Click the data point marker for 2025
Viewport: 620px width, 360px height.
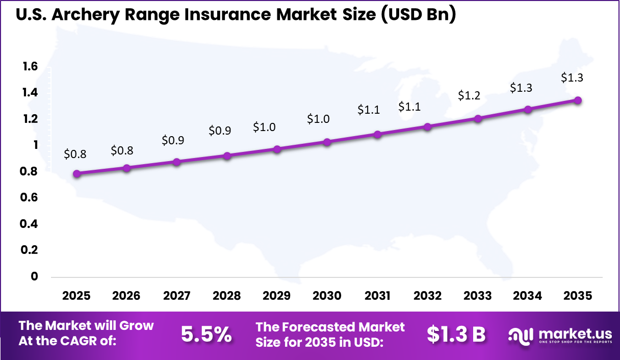pos(77,173)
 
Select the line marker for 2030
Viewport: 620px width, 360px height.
pos(327,142)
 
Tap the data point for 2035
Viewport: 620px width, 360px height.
pos(578,100)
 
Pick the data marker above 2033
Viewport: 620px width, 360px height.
pos(478,118)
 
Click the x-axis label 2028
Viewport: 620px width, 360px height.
pos(227,296)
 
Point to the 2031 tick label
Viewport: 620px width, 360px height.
pos(377,296)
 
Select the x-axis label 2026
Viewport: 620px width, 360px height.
pos(127,296)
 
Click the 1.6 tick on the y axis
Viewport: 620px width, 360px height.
pos(30,66)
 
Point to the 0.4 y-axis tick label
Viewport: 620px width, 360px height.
pos(30,224)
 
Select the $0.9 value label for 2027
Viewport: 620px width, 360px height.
pos(173,140)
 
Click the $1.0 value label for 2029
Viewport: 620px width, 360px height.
pos(264,127)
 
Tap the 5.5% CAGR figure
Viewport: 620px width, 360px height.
pos(206,334)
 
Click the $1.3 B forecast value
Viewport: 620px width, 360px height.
pos(456,334)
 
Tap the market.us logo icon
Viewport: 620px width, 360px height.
pos(520,335)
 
